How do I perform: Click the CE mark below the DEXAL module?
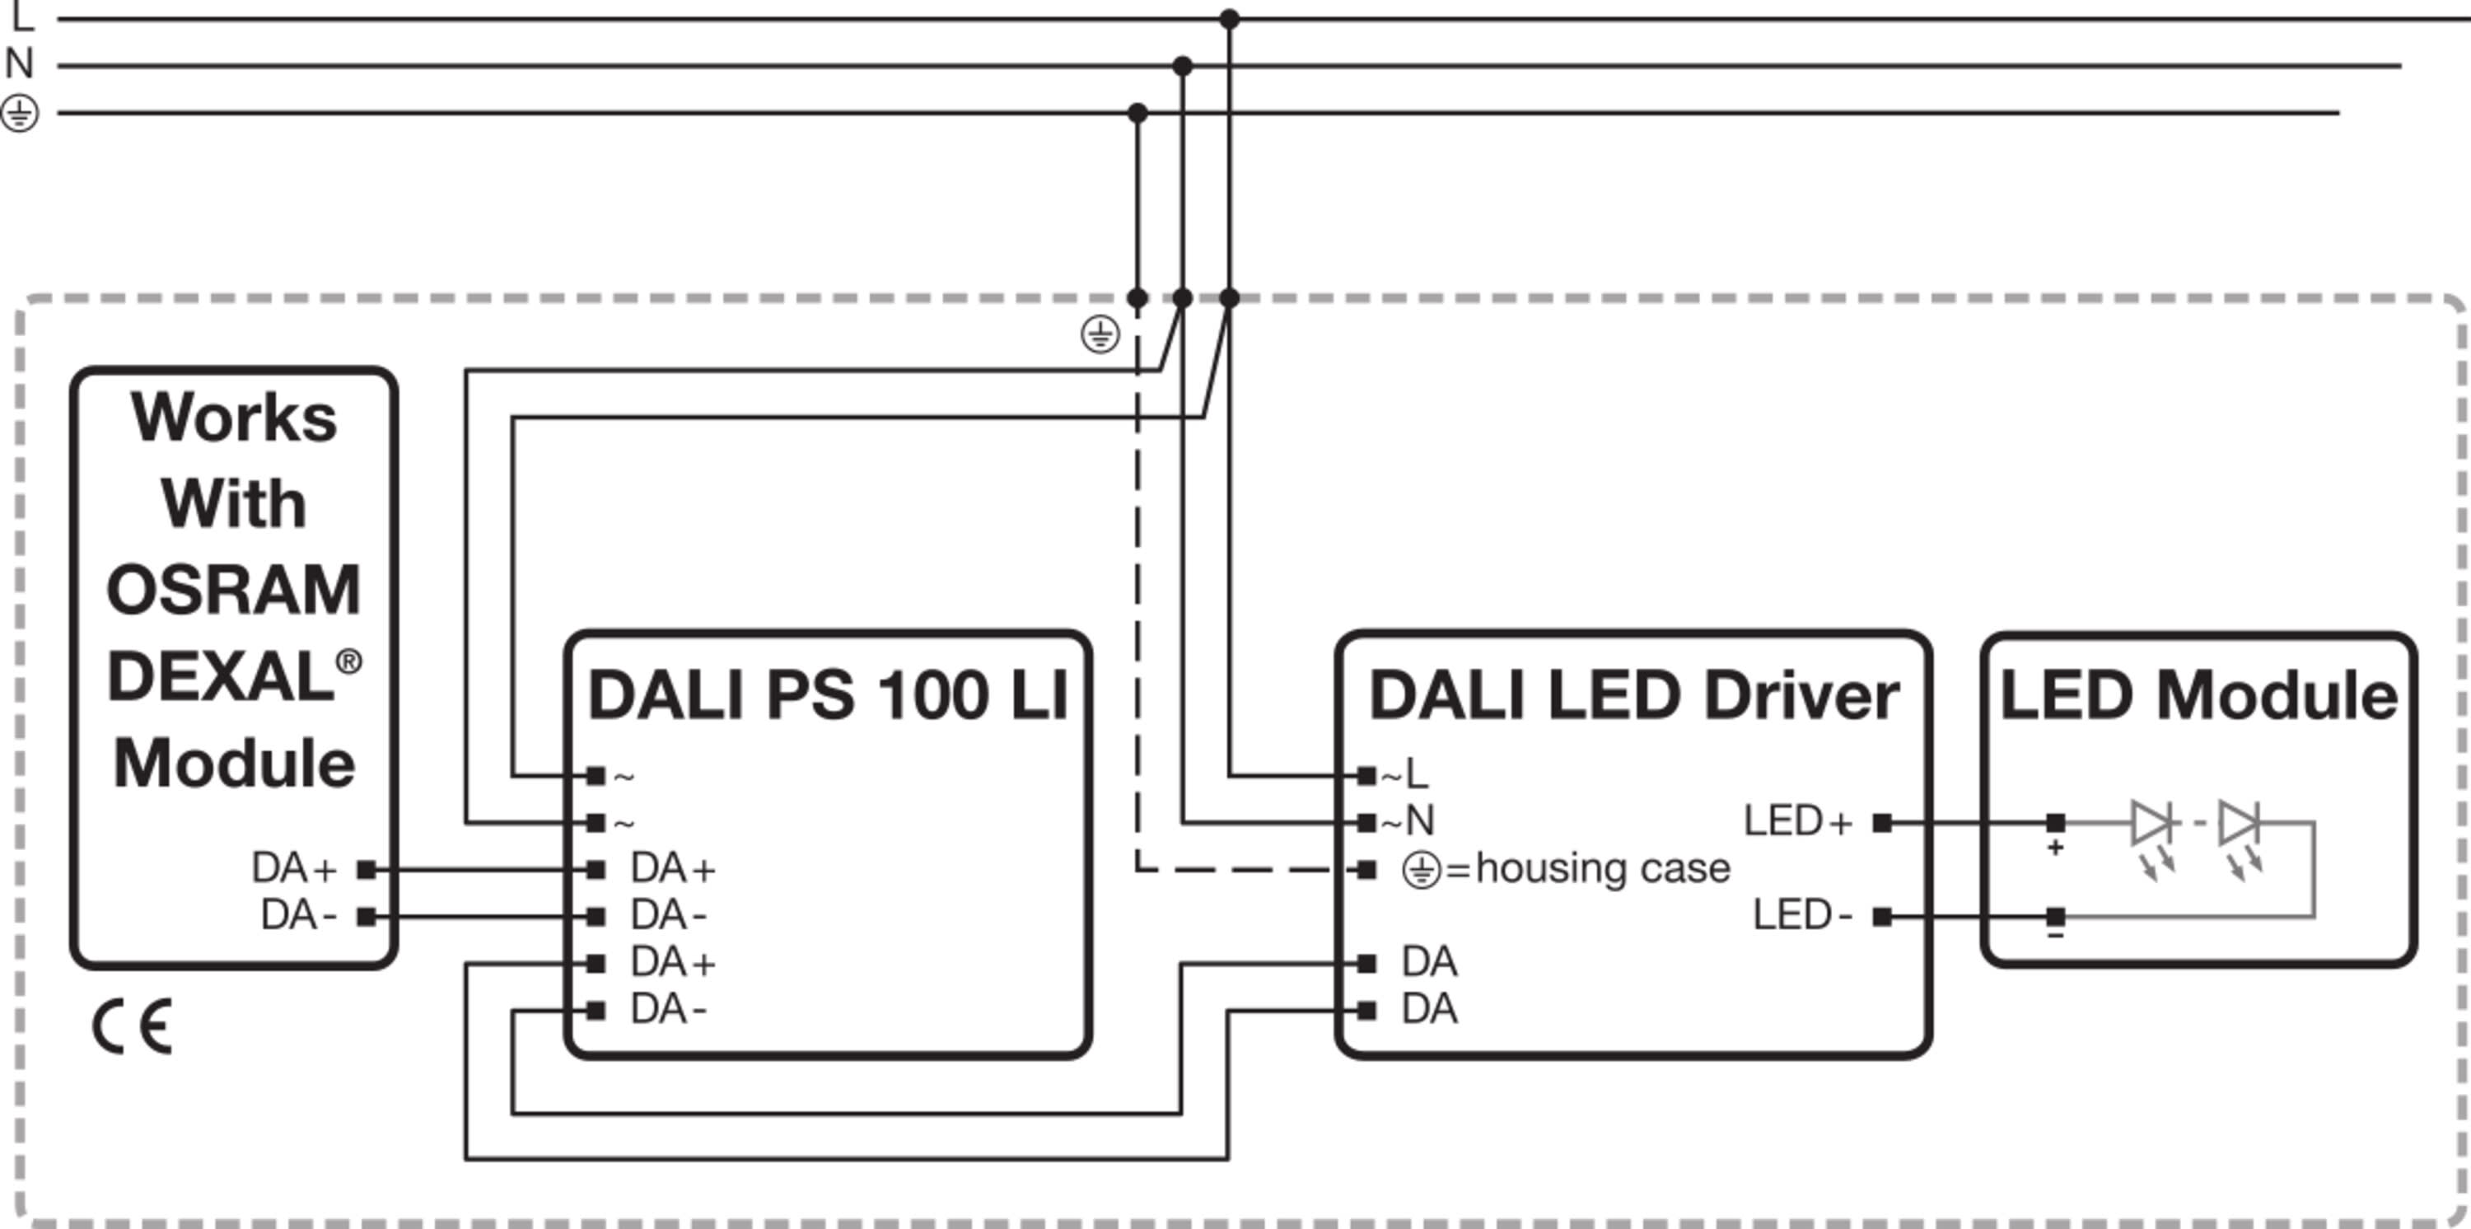[x=133, y=1026]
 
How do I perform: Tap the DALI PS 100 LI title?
[x=828, y=695]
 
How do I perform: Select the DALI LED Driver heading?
[x=1633, y=695]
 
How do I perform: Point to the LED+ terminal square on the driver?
[x=1882, y=823]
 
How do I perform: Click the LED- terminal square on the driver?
[x=1882, y=917]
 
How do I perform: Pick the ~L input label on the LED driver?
[x=1405, y=774]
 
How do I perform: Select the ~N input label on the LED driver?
[x=1408, y=821]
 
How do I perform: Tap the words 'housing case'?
[x=1603, y=868]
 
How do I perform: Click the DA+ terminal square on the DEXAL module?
[x=366, y=870]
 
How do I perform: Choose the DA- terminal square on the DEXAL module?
[x=366, y=917]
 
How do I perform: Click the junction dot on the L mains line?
[x=1229, y=19]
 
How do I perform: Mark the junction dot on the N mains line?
[x=1182, y=66]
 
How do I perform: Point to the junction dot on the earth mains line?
[x=1137, y=113]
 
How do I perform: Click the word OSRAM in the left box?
[x=233, y=590]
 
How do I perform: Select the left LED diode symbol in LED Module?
[x=2151, y=823]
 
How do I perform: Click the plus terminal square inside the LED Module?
[x=2055, y=823]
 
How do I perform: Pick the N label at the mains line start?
[x=19, y=64]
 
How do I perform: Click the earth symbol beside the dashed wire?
[x=1100, y=334]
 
